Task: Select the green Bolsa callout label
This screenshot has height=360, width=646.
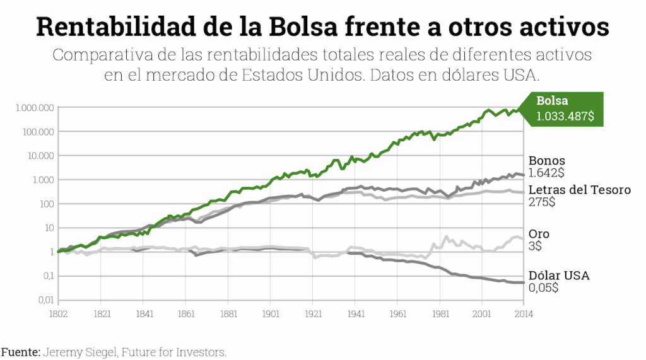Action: [x=552, y=101]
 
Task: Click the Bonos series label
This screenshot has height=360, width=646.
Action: [x=546, y=161]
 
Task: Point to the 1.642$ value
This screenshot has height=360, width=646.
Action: [x=546, y=173]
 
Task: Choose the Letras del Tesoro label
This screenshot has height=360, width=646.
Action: [x=579, y=190]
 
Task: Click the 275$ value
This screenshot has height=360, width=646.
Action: [x=542, y=202]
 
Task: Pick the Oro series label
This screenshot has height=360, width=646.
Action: [x=539, y=235]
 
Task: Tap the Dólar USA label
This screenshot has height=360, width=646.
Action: [x=558, y=276]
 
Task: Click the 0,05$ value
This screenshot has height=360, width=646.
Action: [x=543, y=287]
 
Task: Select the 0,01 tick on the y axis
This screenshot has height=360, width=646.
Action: [x=43, y=300]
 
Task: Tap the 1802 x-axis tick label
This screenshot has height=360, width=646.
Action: [x=58, y=313]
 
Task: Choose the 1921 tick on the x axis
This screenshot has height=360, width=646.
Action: [x=314, y=313]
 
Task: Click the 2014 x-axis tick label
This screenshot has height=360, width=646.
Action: [x=524, y=313]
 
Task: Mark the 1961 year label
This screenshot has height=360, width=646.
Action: [x=398, y=313]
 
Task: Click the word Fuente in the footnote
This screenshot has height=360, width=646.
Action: [x=20, y=352]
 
